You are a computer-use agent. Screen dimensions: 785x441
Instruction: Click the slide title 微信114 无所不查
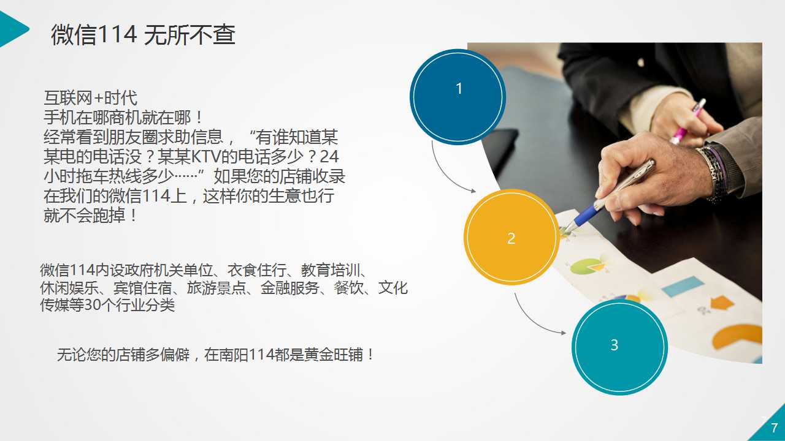point(143,35)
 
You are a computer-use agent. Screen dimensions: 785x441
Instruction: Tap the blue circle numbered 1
point(458,97)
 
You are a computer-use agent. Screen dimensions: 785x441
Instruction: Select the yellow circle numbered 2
point(511,237)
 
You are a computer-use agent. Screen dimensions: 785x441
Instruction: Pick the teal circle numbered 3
point(619,347)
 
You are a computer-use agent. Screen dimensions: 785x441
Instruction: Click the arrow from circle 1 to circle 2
point(446,175)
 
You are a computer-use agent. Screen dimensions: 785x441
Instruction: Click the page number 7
point(774,428)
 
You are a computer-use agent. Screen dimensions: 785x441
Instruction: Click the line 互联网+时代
point(90,97)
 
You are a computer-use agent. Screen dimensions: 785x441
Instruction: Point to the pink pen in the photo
point(687,121)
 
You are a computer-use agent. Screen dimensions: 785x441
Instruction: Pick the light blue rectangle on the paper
point(683,286)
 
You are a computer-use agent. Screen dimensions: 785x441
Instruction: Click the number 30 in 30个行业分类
point(93,305)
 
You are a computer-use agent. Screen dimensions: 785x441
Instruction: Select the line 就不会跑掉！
point(90,215)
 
